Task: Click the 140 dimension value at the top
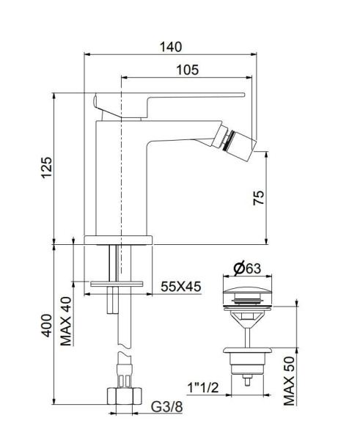click(x=170, y=46)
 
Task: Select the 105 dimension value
click(x=188, y=70)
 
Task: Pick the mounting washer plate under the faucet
click(x=117, y=282)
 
